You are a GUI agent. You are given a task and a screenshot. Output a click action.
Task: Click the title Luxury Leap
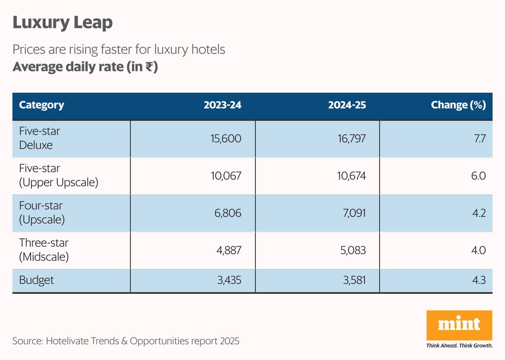[63, 23]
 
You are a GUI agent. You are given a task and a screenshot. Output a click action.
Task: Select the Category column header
[41, 105]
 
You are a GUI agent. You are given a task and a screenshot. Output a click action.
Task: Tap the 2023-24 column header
[222, 105]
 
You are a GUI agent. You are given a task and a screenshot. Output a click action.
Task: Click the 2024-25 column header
[347, 105]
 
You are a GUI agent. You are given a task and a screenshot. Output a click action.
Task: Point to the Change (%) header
[458, 105]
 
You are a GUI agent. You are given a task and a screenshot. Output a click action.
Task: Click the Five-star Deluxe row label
[39, 138]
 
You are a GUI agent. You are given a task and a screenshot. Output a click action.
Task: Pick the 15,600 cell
[226, 139]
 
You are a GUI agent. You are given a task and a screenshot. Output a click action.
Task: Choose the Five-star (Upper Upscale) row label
[58, 175]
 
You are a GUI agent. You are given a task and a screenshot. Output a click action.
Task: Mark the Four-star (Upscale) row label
[42, 213]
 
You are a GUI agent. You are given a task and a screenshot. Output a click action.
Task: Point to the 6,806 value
[228, 213]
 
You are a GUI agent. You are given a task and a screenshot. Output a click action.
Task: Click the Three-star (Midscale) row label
[44, 250]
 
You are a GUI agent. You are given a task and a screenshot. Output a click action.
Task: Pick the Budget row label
[36, 280]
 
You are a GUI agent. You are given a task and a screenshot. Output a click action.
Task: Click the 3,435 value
[229, 280]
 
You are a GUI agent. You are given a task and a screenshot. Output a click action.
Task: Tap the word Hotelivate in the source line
[67, 341]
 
